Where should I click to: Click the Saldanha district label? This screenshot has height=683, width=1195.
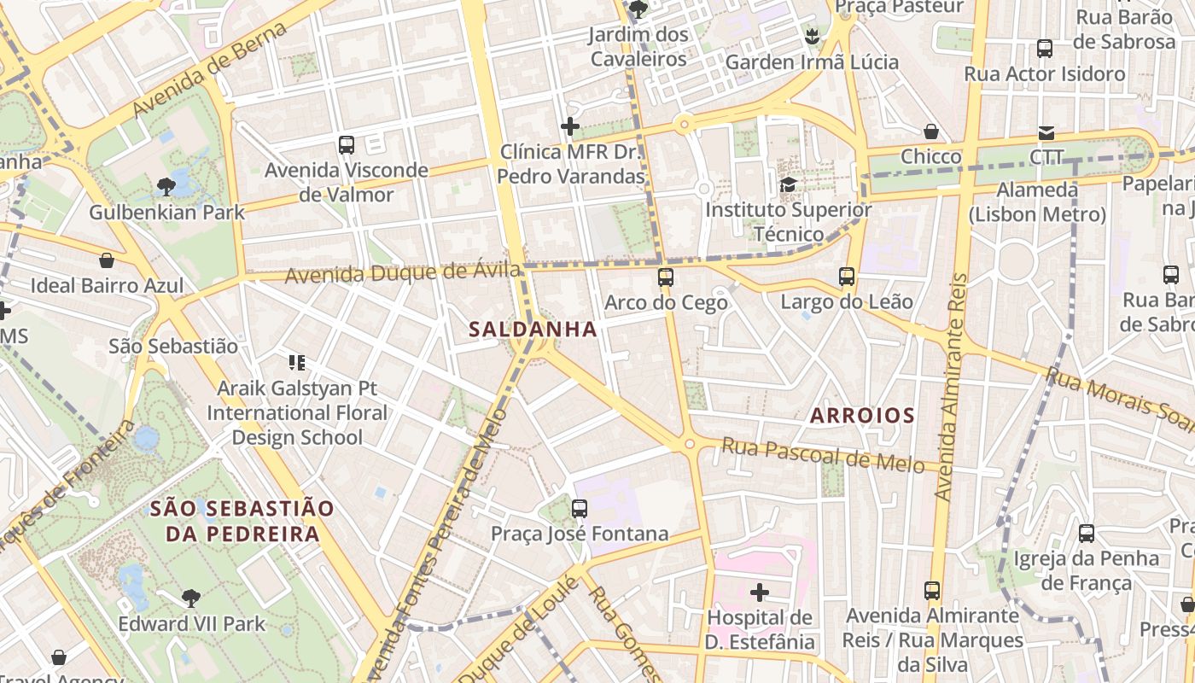tap(533, 330)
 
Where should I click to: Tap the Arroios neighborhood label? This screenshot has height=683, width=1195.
tap(862, 416)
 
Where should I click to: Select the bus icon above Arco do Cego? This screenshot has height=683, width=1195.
tap(666, 277)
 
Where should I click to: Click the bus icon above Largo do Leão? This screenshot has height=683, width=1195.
tap(847, 277)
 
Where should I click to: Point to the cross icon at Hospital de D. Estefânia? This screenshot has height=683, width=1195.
tap(759, 592)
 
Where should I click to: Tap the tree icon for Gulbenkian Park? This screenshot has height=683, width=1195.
tap(166, 186)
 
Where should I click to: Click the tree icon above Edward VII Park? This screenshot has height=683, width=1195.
tap(191, 598)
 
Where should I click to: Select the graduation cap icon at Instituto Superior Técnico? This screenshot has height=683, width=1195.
tap(789, 184)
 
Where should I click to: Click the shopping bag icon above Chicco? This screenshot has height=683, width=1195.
tap(931, 131)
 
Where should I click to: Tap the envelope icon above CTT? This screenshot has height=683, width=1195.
tap(1046, 132)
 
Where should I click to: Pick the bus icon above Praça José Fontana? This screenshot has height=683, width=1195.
tap(580, 509)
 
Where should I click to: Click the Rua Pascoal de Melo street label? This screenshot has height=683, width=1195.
tap(823, 455)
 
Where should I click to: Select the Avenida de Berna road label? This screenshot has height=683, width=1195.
tap(210, 70)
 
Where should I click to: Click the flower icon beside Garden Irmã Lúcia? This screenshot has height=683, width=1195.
tap(812, 36)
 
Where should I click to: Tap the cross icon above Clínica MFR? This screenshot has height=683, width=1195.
tap(570, 127)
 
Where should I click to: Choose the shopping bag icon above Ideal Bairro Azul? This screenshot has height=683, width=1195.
tap(107, 260)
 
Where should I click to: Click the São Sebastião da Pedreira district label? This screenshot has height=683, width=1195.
tap(242, 521)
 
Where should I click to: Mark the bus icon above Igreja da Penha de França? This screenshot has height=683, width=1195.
tap(1087, 534)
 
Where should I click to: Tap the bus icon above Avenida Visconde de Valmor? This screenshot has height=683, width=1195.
tap(347, 145)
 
